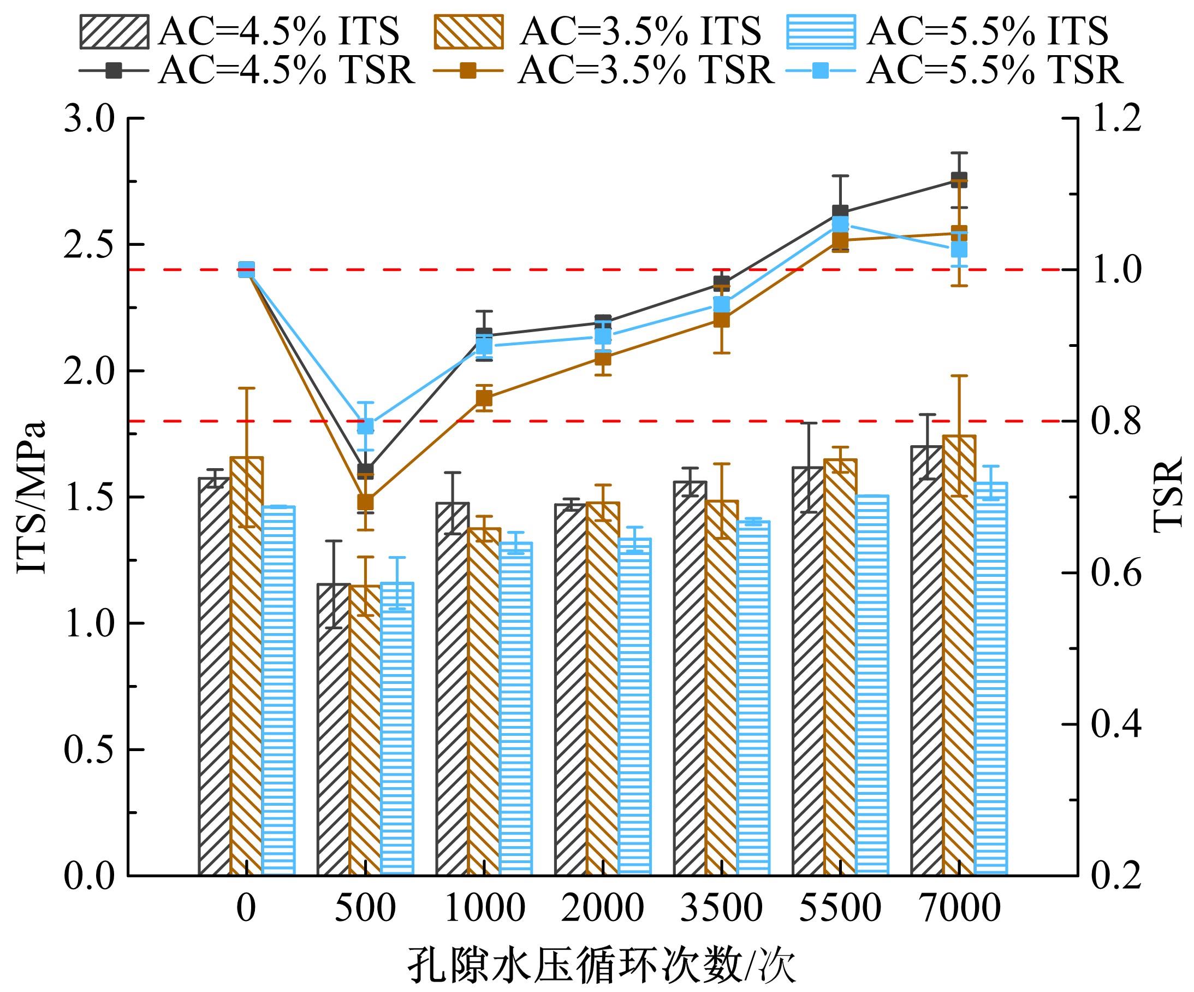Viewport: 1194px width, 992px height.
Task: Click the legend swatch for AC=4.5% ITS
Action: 114,32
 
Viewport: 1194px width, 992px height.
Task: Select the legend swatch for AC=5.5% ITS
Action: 821,32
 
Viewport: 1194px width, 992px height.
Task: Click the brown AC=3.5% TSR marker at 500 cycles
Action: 365,501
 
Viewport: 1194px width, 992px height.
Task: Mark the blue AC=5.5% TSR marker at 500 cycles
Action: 365,426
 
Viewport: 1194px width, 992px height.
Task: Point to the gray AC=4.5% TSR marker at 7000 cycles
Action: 959,180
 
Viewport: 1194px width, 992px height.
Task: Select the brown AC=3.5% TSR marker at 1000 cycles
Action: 484,398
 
